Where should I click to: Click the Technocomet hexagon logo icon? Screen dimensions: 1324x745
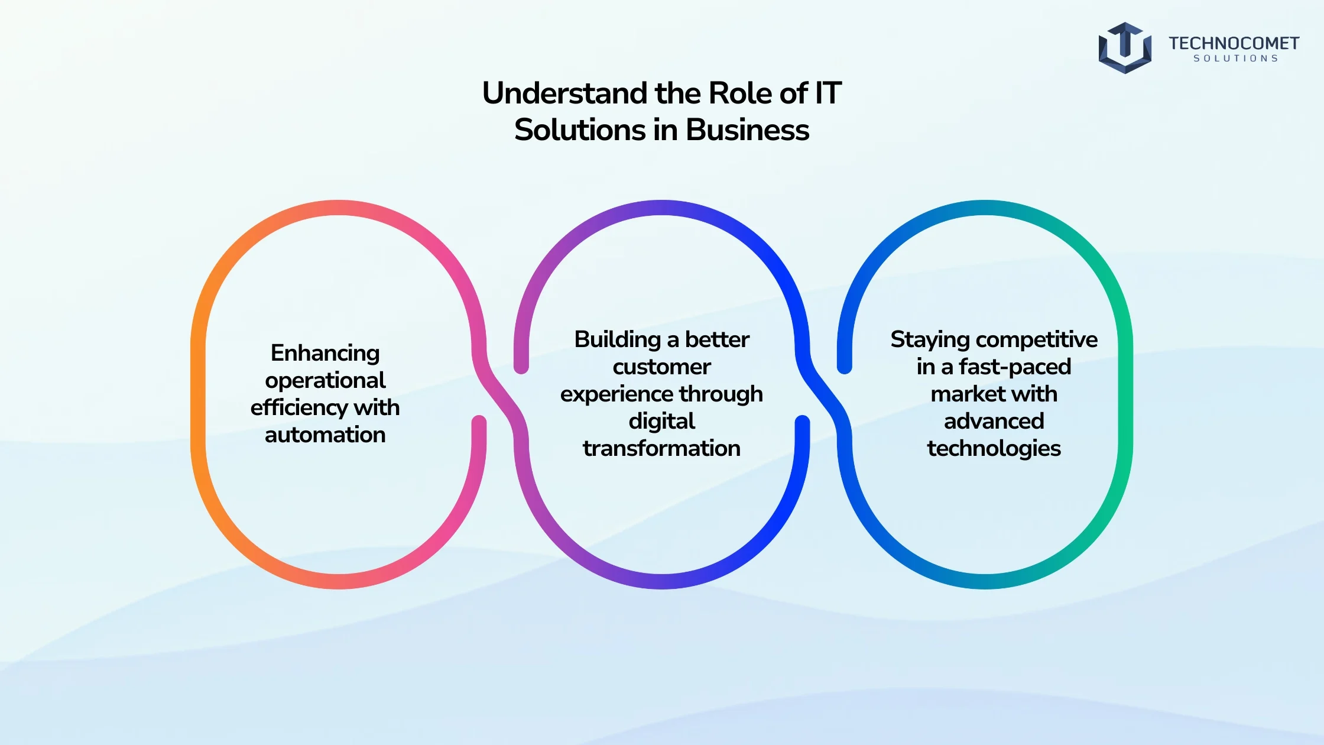click(1125, 48)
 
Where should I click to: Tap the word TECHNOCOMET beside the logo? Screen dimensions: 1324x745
click(1234, 43)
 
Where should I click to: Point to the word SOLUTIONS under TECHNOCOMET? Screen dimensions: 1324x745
click(1236, 59)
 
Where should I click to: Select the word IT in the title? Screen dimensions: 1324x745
click(828, 93)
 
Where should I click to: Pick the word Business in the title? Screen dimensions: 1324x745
click(747, 130)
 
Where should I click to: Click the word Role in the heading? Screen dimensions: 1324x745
click(736, 93)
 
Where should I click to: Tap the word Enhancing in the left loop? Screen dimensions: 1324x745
click(325, 354)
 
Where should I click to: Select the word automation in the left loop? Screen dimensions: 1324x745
click(325, 435)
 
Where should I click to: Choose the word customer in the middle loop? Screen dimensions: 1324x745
click(662, 367)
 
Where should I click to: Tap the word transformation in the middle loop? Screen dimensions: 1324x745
click(662, 448)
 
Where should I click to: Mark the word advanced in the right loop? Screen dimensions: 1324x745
click(994, 421)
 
